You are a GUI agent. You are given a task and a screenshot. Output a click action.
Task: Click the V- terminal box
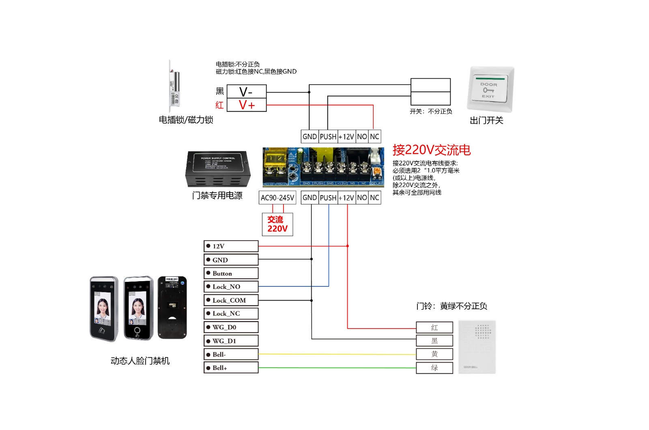[246, 92]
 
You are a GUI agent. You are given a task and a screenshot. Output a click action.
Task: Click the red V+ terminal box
[246, 105]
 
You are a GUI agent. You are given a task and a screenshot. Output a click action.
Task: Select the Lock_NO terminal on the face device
[231, 287]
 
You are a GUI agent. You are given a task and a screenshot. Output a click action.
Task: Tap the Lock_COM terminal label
[231, 300]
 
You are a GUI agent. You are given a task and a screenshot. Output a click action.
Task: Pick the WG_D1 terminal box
[231, 341]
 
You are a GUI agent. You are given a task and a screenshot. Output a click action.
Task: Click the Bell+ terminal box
[231, 368]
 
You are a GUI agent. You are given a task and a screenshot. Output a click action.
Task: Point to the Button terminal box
[231, 273]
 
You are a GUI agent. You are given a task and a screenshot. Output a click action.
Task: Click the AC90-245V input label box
[277, 198]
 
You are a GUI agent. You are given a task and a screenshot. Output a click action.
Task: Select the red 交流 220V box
[277, 224]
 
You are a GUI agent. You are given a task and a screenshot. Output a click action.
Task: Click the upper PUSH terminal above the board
[328, 137]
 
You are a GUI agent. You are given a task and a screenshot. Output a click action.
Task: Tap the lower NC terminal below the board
[374, 198]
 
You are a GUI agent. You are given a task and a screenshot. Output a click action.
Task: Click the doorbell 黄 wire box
[434, 354]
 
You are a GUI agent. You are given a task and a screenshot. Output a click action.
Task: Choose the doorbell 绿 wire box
[434, 368]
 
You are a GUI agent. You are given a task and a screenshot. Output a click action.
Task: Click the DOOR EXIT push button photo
[490, 89]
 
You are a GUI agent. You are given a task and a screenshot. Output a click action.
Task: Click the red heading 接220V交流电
[431, 150]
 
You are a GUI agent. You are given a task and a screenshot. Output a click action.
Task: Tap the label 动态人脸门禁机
[140, 361]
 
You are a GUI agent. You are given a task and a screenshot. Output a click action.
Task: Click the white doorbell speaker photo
[477, 347]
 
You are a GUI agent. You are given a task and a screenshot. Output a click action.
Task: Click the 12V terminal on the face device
[231, 246]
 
